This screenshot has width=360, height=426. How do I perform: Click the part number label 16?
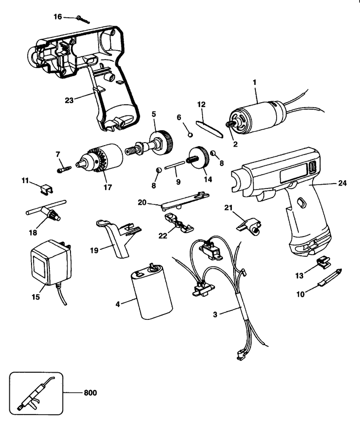coord(58,17)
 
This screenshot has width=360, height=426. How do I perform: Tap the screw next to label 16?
coord(83,20)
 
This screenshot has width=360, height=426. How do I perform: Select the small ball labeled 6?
coord(190,134)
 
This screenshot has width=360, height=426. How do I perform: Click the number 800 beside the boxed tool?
coord(90,393)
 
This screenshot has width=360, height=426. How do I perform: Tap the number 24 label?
coord(342,184)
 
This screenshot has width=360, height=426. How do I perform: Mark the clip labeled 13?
coord(324,263)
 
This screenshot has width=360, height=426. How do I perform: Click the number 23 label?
coord(69,100)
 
